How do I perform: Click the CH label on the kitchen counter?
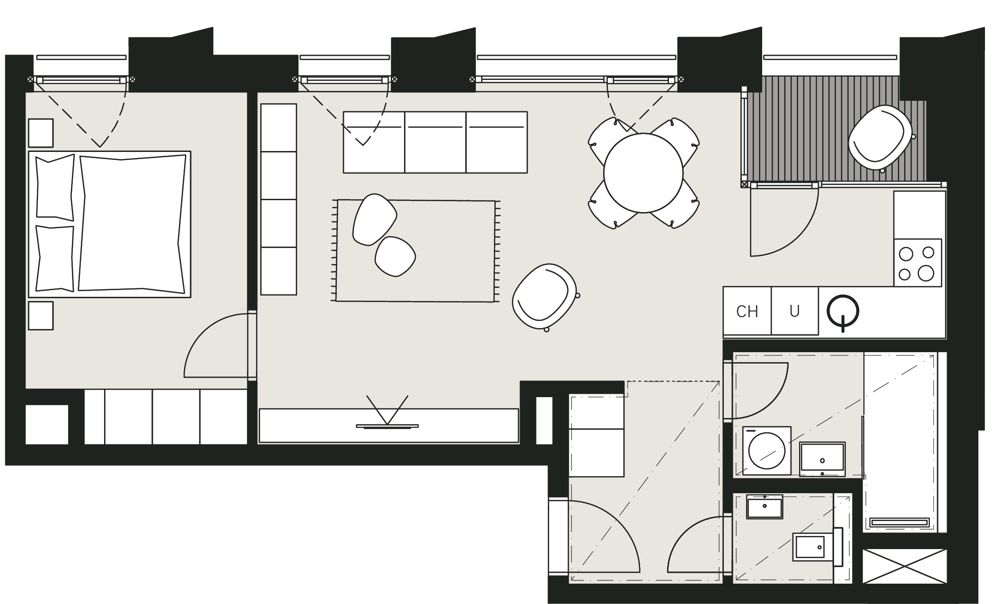click(747, 311)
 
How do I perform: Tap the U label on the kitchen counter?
click(794, 311)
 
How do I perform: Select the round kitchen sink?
click(843, 311)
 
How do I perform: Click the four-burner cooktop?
click(917, 263)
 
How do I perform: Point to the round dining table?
click(643, 173)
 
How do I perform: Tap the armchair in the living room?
click(545, 297)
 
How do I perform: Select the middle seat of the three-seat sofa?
click(435, 142)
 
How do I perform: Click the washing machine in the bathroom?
click(767, 451)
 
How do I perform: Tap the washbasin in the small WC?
click(765, 506)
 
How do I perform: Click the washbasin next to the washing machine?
click(822, 460)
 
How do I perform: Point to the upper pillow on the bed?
click(55, 188)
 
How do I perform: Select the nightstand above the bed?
click(41, 133)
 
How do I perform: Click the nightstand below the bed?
click(41, 316)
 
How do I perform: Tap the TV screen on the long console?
click(387, 426)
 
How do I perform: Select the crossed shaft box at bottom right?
click(905, 566)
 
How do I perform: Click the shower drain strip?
click(900, 522)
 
